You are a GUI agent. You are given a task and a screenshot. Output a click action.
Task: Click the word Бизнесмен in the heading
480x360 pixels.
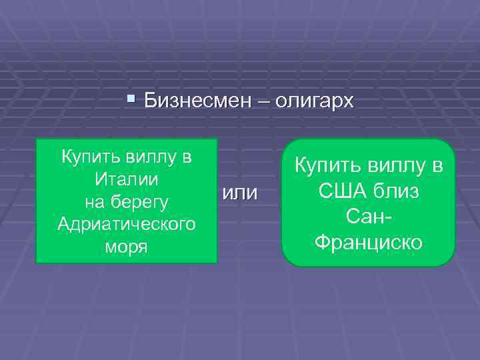195,102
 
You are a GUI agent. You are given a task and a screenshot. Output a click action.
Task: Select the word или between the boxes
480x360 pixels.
239,193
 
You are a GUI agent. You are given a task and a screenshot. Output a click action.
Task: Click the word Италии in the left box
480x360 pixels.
127,180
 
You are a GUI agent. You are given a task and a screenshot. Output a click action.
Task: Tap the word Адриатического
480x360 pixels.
127,223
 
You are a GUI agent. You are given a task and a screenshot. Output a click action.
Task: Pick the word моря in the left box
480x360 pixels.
127,244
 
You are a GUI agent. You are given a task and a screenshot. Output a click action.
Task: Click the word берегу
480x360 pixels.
145,201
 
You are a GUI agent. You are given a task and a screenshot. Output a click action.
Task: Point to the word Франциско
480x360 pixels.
368,242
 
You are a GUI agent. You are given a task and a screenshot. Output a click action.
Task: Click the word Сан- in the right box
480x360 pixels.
368,217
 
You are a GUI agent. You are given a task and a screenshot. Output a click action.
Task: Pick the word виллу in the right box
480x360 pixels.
395,166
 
